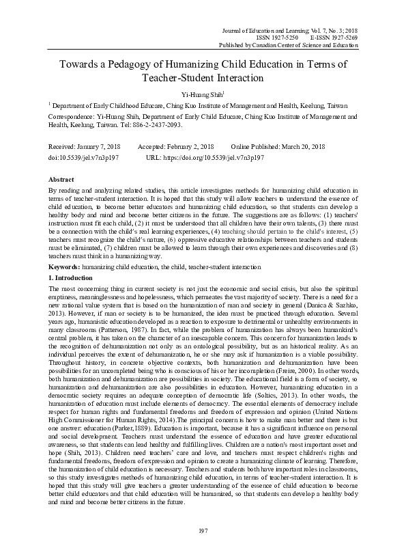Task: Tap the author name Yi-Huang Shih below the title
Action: coord(202,94)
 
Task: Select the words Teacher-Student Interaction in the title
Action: coord(203,79)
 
